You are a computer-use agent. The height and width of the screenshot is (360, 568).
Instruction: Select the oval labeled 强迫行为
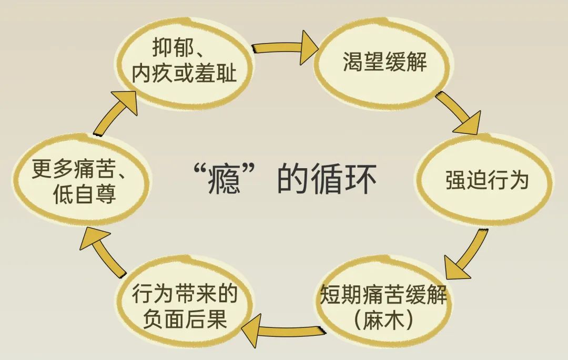click(x=486, y=180)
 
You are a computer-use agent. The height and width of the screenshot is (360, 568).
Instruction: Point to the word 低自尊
click(x=84, y=196)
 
